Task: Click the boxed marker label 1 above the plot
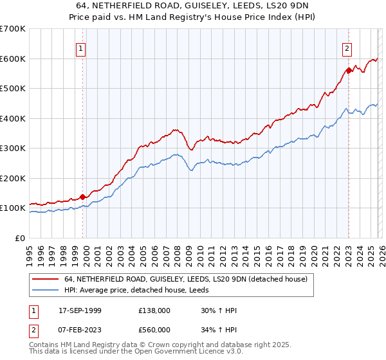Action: (82, 47)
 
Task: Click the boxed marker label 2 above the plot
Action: (347, 47)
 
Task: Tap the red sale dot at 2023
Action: (348, 71)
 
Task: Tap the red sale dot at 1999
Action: (82, 197)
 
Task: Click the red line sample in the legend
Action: (45, 279)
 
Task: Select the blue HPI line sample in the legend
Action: (45, 291)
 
